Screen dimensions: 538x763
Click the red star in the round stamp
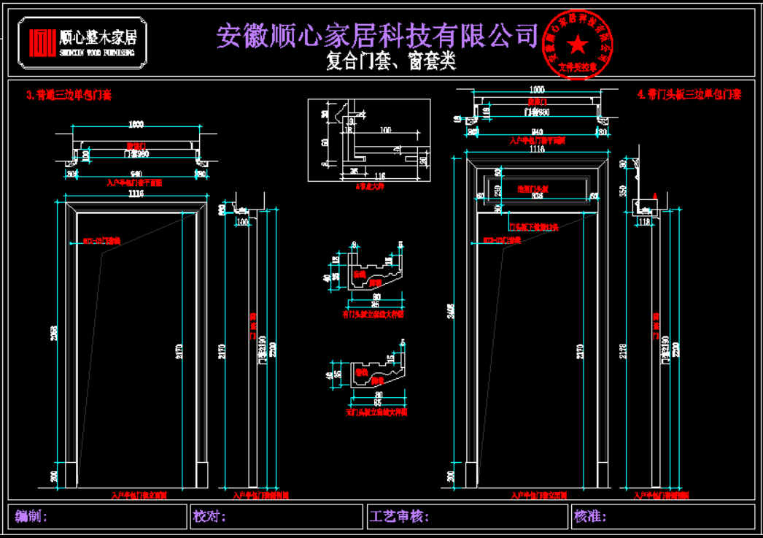coord(578,45)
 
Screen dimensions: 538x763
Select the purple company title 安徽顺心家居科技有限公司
coord(377,35)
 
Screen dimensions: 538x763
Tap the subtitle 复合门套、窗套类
coord(391,61)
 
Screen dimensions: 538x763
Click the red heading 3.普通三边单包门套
coord(69,94)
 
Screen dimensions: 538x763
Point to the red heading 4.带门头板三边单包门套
coord(689,94)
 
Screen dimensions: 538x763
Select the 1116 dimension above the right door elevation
coord(537,149)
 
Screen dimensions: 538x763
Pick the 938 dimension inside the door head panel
coord(537,196)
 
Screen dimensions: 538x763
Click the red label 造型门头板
coord(537,188)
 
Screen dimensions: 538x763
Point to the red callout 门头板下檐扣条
coord(533,227)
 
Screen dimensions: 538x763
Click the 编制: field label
coord(31,517)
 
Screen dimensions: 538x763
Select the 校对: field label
coord(210,517)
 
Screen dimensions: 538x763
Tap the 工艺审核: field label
coord(399,517)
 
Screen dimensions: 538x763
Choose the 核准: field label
coord(591,517)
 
